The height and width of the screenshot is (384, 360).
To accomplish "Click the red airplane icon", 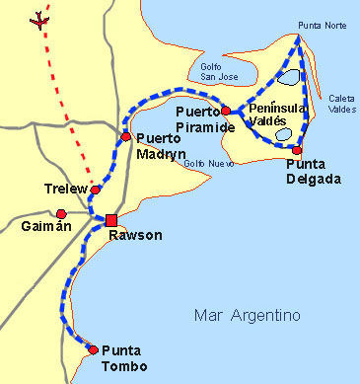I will coord(40,19).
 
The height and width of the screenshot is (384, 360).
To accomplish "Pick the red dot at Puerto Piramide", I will coord(226,111).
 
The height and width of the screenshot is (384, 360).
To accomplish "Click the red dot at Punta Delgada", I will coord(298,150).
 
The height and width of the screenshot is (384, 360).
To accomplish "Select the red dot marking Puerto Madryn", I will coord(125,136).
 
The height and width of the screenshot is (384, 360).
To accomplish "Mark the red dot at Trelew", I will coord(96,190).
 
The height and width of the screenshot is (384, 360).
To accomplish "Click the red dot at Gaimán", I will coord(61,213).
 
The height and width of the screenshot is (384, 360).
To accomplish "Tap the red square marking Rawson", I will coord(111,219).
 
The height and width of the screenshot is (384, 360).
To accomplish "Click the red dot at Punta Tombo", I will coord(93,349).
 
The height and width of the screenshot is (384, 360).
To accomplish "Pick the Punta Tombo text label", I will coord(125,359).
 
